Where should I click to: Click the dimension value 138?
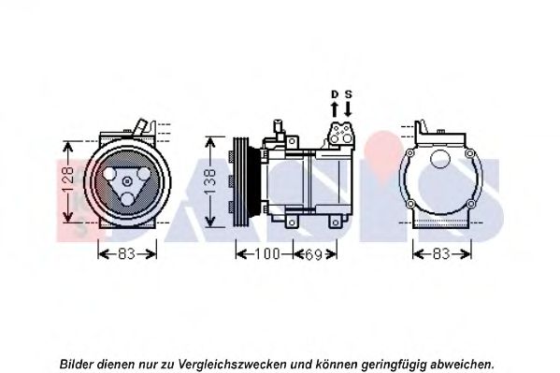tap(210, 182)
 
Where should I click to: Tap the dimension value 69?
tap(313, 254)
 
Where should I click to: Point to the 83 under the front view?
tap(127, 254)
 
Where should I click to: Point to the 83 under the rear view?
tap(441, 254)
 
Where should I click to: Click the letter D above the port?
tap(335, 94)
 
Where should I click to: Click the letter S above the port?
tap(348, 94)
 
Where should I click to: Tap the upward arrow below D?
tap(335, 109)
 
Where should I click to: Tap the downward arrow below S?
tap(348, 109)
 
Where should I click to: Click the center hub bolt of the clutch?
tap(127, 181)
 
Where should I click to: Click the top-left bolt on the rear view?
tap(410, 153)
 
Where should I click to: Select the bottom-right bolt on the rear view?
tap(470, 204)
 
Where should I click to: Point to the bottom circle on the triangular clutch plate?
tap(127, 199)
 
